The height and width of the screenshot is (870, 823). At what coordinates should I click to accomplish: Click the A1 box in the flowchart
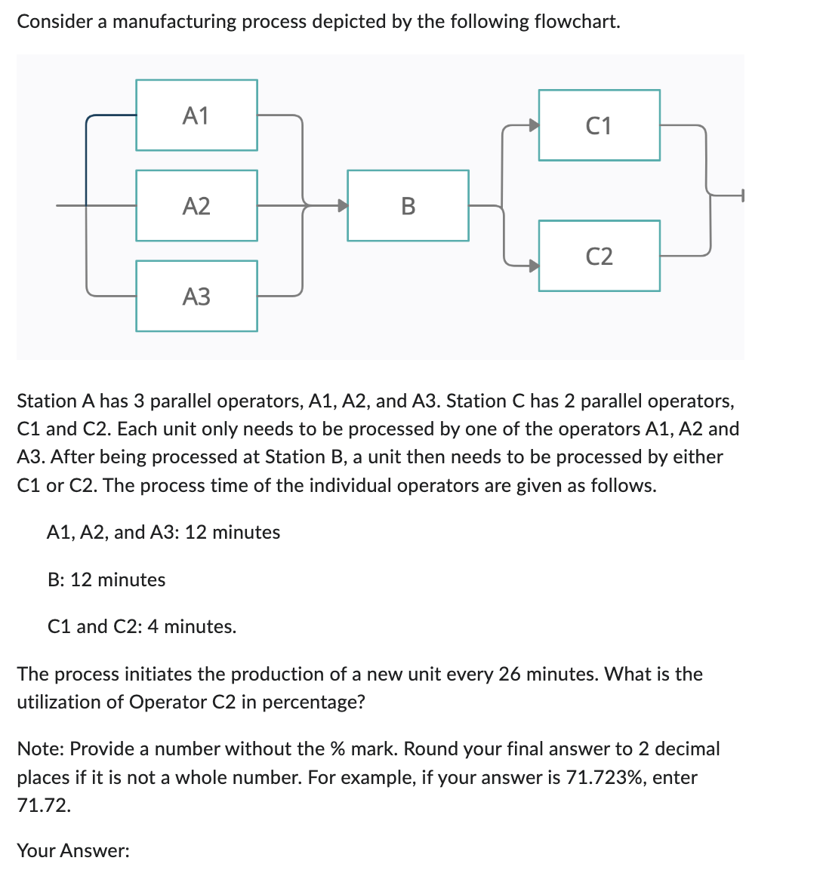[x=196, y=115]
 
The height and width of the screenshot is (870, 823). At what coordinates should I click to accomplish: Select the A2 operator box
[x=196, y=205]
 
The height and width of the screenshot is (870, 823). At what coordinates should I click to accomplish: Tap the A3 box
[x=196, y=296]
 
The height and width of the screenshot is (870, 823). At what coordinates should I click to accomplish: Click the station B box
[x=408, y=205]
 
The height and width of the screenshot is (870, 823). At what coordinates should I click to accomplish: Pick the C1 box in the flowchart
[x=599, y=125]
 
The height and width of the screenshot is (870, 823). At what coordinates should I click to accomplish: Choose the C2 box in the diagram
[x=599, y=256]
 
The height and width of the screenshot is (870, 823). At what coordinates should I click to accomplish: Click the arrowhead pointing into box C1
[x=533, y=125]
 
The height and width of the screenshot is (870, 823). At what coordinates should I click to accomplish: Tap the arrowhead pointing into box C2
[x=533, y=265]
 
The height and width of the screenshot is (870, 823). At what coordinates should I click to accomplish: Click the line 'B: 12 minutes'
[x=106, y=579]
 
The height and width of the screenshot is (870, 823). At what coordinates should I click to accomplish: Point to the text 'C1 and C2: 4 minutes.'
[x=142, y=626]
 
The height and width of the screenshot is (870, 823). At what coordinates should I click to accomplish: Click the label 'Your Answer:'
[x=73, y=850]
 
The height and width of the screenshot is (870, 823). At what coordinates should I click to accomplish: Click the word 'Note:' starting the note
[x=41, y=749]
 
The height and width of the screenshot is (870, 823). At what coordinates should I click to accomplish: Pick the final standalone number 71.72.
[x=44, y=805]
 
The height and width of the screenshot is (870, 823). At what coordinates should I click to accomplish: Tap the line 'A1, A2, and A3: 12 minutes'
[x=163, y=532]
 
